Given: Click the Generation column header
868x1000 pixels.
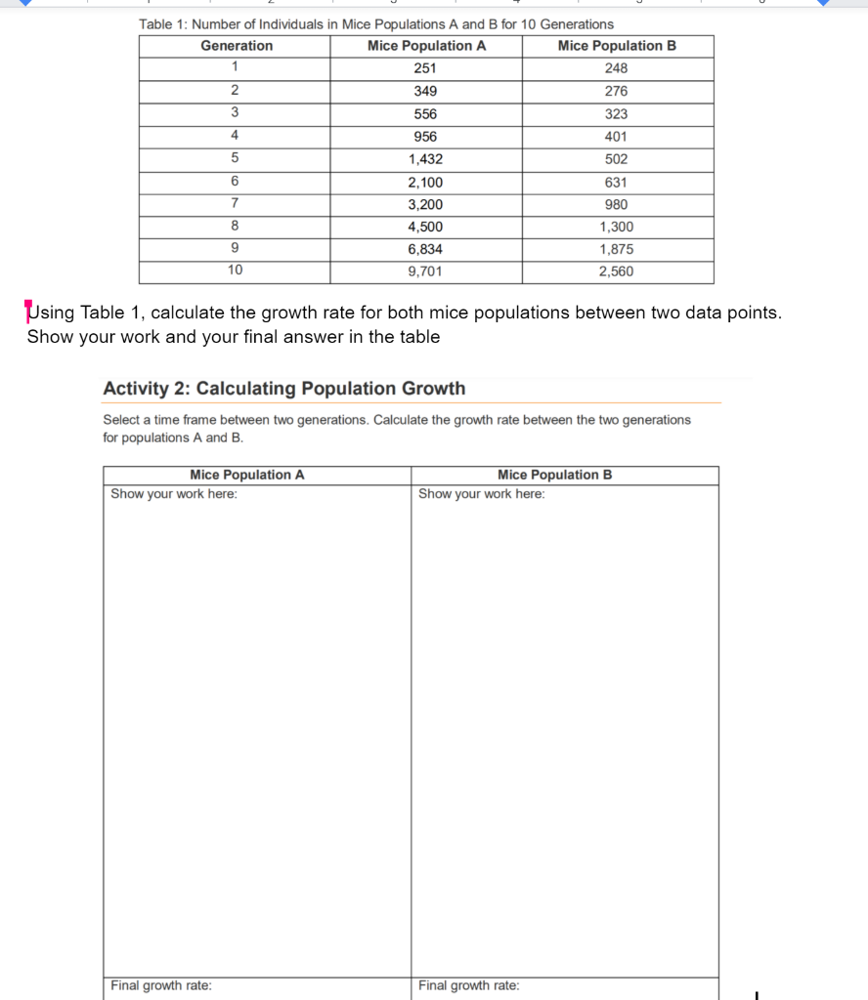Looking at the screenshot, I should (237, 46).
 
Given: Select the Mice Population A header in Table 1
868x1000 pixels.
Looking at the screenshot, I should (426, 46).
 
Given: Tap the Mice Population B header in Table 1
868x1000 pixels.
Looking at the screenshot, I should (617, 46).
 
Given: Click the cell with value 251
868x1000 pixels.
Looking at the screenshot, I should (425, 68).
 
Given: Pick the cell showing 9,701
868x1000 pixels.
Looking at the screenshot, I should (425, 271).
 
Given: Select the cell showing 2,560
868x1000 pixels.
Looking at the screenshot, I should (616, 271).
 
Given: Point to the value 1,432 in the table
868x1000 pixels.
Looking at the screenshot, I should (425, 159).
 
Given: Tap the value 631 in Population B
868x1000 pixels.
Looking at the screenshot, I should (616, 182).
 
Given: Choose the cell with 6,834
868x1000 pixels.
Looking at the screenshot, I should (425, 249).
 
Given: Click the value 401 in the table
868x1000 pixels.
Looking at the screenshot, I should (616, 137).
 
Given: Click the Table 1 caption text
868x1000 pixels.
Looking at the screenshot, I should (376, 23).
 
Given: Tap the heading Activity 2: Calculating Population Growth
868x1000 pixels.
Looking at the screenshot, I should (284, 389).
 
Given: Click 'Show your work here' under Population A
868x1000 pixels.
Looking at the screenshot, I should (174, 494).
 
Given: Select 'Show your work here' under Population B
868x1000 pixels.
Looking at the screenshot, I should (482, 494).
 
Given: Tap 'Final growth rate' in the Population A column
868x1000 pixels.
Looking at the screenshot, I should (161, 986).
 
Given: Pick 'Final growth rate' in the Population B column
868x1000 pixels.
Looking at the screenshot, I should (469, 986).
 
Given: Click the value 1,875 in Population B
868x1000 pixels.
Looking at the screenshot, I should (616, 249).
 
